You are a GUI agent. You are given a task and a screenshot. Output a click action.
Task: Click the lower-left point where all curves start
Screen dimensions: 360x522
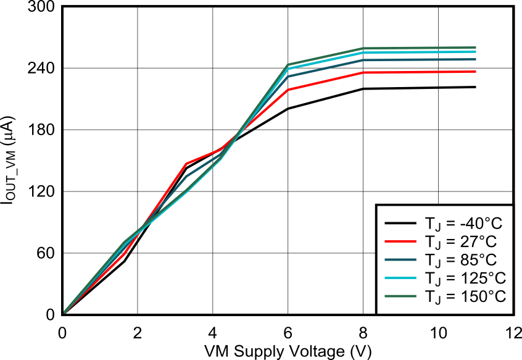[x=65, y=312]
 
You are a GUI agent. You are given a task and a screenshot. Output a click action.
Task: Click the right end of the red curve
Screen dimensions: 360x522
[x=476, y=72]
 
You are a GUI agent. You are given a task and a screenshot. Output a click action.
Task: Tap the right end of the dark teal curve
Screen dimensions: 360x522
[x=476, y=59]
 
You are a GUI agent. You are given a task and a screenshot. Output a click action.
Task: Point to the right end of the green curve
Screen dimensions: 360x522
[x=476, y=48]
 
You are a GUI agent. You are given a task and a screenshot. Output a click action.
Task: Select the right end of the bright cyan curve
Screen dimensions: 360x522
[x=476, y=52]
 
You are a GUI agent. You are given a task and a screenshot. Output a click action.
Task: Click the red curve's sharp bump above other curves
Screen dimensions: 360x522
[x=186, y=164]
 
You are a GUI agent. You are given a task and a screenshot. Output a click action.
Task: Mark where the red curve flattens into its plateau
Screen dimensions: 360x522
[x=363, y=72]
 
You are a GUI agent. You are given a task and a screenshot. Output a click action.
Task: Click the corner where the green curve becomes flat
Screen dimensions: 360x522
[x=363, y=48]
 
